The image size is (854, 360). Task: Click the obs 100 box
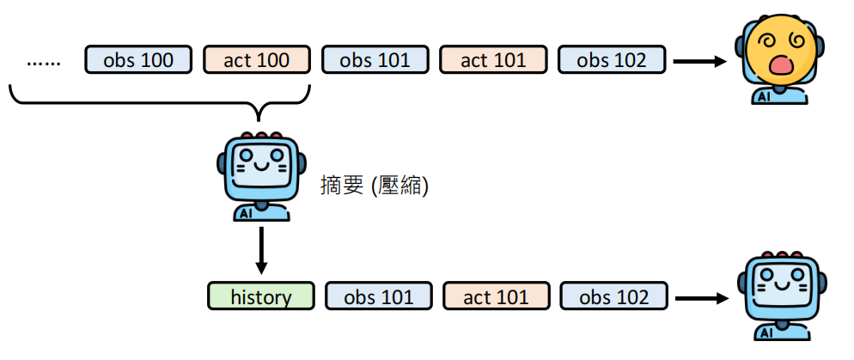[x=138, y=60]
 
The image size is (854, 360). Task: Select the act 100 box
[x=256, y=60]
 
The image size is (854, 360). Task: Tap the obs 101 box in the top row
[x=375, y=60]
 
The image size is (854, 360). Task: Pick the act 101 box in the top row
[x=493, y=60]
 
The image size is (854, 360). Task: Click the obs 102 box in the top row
[x=612, y=60]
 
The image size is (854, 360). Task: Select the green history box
[x=261, y=296]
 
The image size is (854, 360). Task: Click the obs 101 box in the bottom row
[x=379, y=296]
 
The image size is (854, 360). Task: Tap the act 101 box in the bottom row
[x=497, y=296]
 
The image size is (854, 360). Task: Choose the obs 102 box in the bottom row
[x=614, y=296]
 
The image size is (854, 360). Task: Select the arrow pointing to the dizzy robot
[x=699, y=61]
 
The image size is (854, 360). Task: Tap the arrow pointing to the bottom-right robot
[x=703, y=298]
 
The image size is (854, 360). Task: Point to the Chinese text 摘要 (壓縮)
[x=374, y=185]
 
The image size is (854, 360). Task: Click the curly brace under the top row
[x=159, y=104]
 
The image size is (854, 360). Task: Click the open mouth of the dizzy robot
[x=778, y=67]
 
